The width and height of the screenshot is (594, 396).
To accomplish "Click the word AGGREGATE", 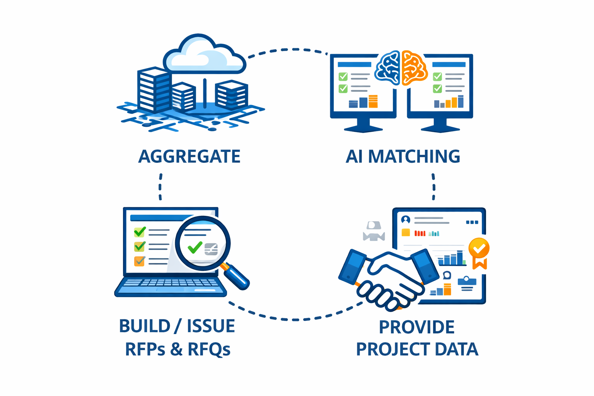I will tap(189, 157).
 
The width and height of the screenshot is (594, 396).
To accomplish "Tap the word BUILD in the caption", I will tap(145, 326).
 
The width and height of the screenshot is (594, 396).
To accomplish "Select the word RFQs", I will tap(209, 349).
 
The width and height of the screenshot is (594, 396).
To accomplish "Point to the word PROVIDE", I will tap(416, 327).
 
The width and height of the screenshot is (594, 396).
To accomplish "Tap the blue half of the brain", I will tap(388, 68).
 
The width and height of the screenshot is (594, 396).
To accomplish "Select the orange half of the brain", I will tap(414, 68).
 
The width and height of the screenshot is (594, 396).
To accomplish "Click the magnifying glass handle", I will tap(236, 276).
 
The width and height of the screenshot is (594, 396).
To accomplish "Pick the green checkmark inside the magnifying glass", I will tap(195, 247).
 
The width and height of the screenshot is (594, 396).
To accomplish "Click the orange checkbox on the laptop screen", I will tap(139, 261).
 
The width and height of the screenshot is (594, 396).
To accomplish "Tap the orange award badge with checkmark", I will tap(479, 249).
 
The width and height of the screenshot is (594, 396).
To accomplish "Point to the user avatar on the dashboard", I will tap(405, 220).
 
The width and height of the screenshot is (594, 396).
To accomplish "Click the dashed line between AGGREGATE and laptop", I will tap(160, 187).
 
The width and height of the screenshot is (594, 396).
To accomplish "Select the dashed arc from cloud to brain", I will tap(288, 50).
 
